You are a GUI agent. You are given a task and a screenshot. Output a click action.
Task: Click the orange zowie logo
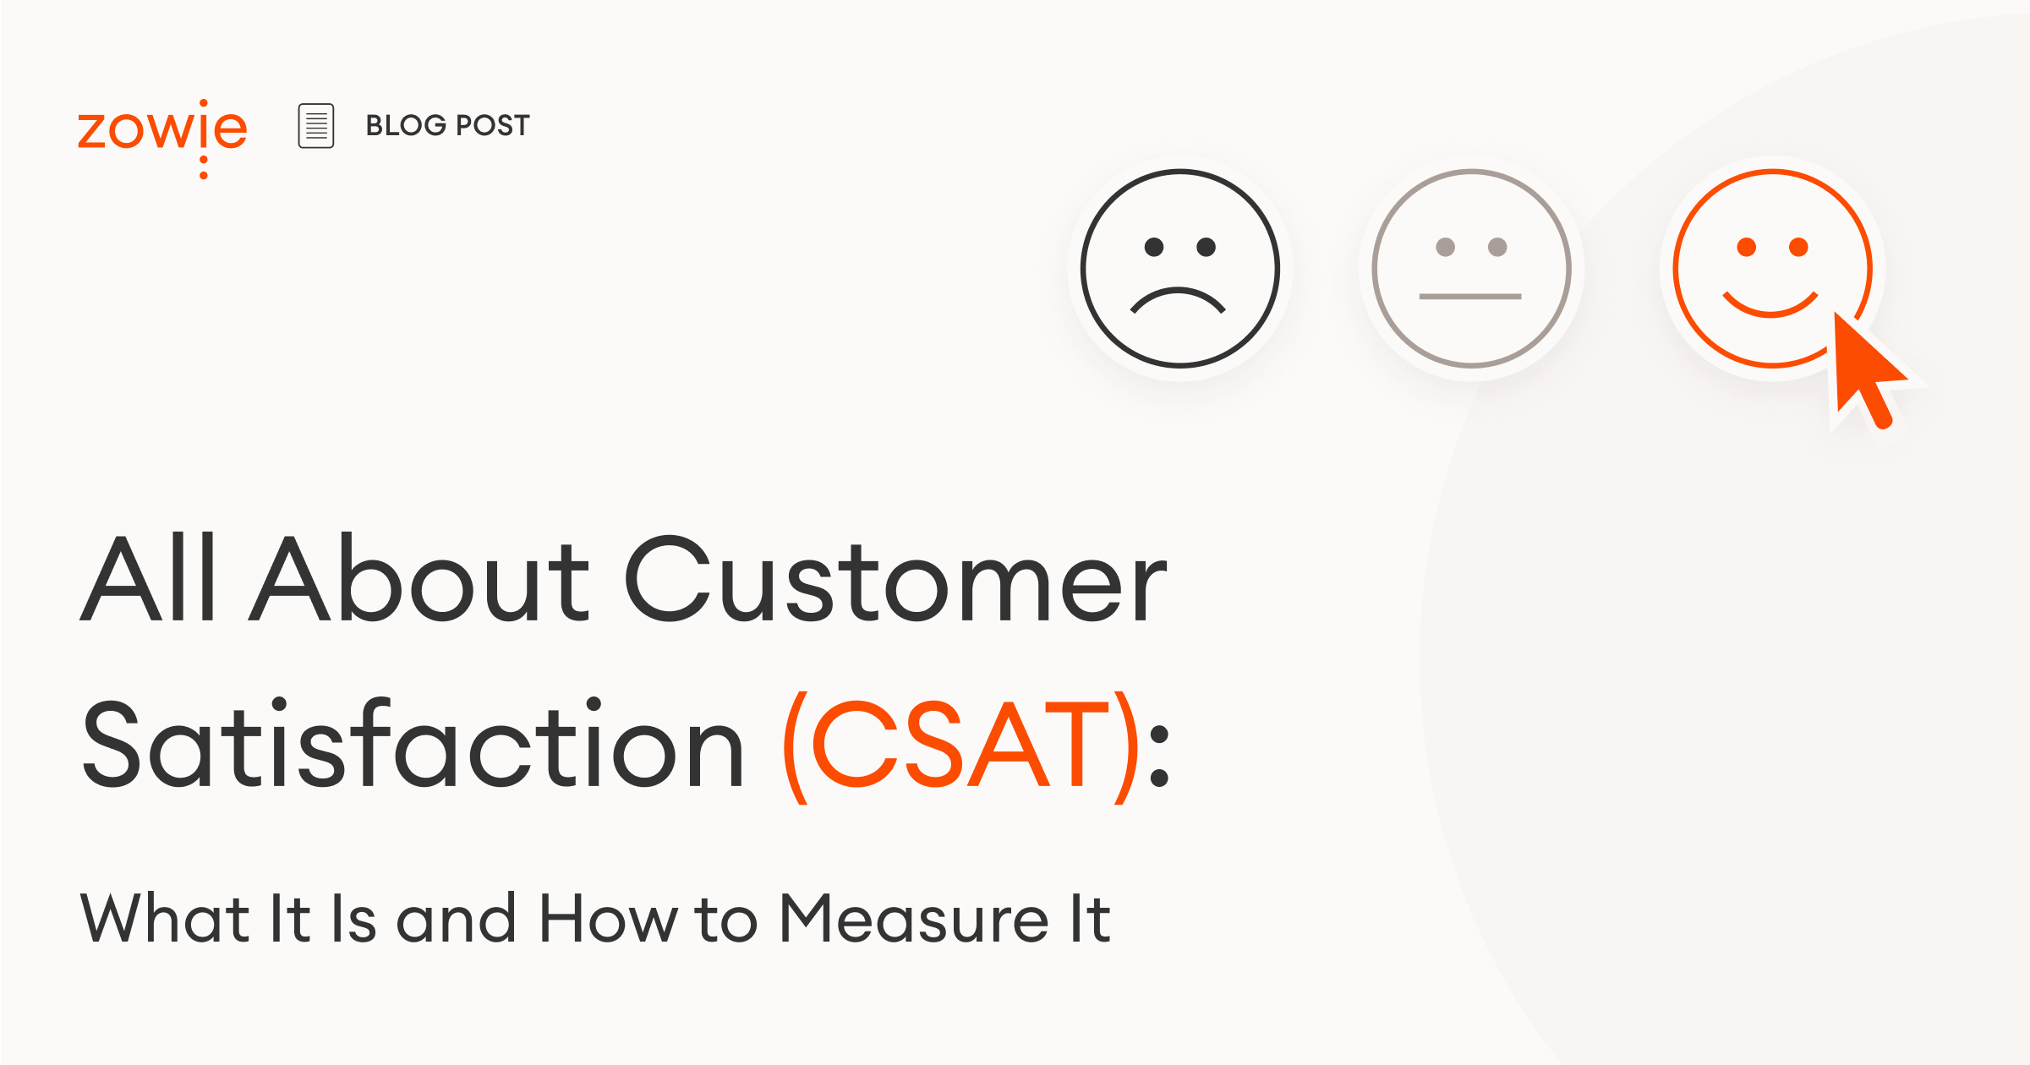(x=162, y=131)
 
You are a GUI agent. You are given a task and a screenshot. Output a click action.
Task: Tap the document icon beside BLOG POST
(x=316, y=126)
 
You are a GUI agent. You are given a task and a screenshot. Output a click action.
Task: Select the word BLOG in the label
(x=405, y=126)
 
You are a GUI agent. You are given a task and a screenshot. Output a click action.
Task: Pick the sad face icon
(x=1180, y=269)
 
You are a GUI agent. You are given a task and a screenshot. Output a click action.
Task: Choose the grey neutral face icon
(x=1471, y=269)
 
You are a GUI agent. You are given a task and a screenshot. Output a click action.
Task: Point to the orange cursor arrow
(x=1864, y=368)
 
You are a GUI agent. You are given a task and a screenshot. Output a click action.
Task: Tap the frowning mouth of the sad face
(x=1178, y=300)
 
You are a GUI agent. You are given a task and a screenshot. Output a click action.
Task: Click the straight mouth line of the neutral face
(x=1470, y=297)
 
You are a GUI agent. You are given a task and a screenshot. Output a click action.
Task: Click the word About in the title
(x=419, y=582)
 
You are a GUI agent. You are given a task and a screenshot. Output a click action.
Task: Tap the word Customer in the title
(x=896, y=582)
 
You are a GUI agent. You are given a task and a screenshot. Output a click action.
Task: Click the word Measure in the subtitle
(x=913, y=919)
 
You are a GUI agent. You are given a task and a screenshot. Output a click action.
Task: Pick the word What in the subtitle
(x=165, y=919)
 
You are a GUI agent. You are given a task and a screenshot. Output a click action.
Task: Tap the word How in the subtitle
(x=608, y=919)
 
